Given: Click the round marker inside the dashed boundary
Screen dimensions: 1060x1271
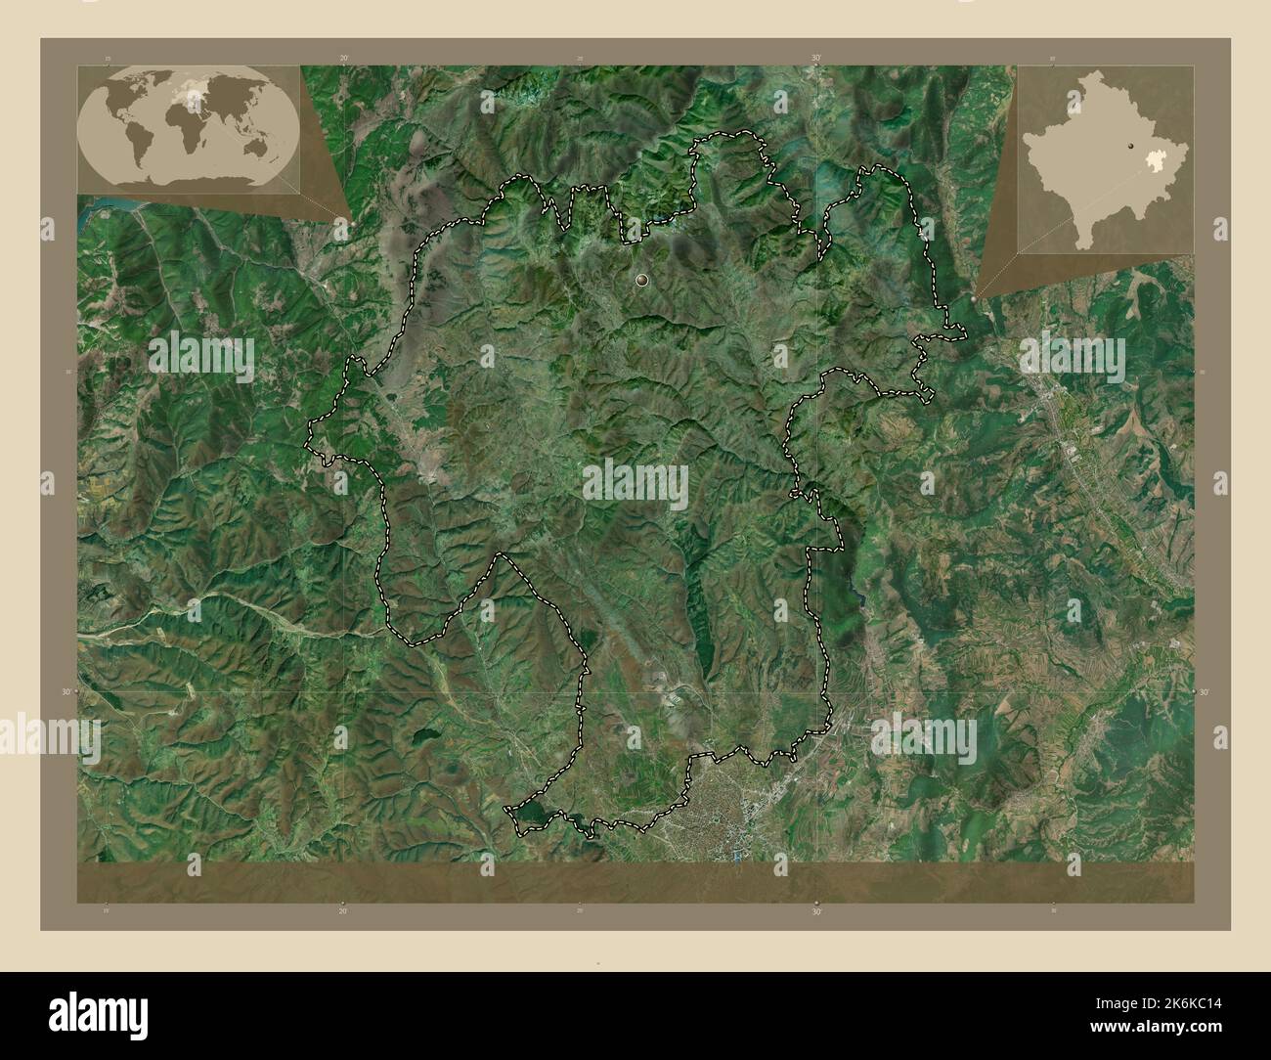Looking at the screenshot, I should tap(642, 281).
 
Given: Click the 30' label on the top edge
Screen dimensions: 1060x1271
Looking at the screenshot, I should tap(815, 58).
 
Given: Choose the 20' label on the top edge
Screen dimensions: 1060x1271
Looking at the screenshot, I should tap(343, 58).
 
